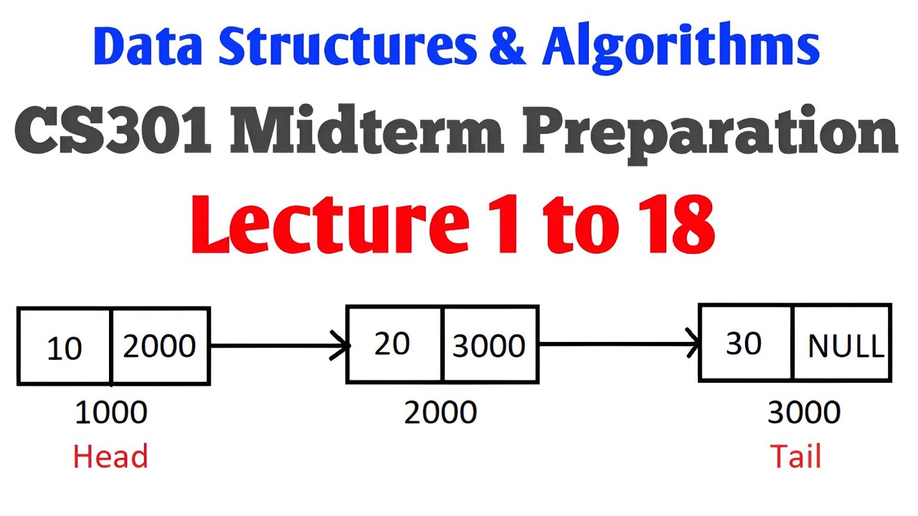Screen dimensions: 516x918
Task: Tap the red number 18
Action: tap(668, 225)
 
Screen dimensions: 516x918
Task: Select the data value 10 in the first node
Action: tap(64, 348)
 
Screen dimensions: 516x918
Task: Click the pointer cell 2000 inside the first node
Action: tap(160, 346)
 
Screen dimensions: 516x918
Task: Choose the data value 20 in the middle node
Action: tap(392, 344)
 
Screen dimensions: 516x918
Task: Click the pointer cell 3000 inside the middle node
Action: tap(489, 346)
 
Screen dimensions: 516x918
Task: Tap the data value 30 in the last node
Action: tap(744, 343)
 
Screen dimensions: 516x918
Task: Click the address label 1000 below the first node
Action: tap(111, 413)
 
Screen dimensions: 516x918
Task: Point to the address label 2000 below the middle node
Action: tap(440, 413)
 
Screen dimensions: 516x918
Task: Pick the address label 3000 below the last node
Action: tap(804, 413)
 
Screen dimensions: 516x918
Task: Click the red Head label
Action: tap(110, 457)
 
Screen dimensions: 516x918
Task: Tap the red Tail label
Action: tap(795, 457)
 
